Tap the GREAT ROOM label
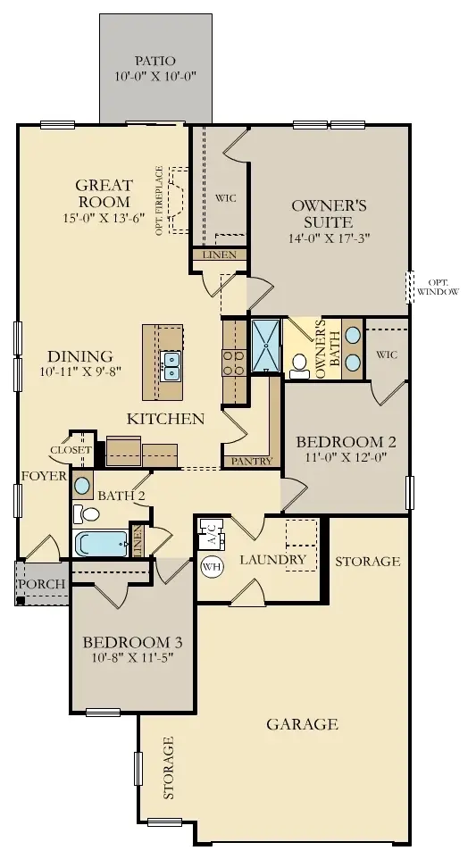pyautogui.click(x=104, y=194)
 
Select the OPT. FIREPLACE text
pyautogui.click(x=159, y=200)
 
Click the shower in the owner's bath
pyautogui.click(x=266, y=345)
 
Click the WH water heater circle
pyautogui.click(x=212, y=566)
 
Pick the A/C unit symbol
pyautogui.click(x=211, y=535)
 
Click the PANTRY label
pyautogui.click(x=245, y=462)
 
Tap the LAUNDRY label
pyautogui.click(x=272, y=560)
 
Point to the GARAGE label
pyautogui.click(x=302, y=724)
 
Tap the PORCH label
pyautogui.click(x=41, y=584)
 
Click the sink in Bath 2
pyautogui.click(x=82, y=487)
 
